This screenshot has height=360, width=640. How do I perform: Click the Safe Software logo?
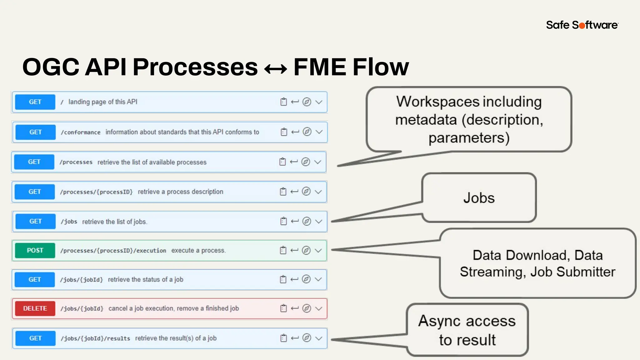tap(582, 25)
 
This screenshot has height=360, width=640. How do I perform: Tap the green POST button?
tap(35, 250)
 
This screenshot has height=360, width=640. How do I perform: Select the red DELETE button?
tap(35, 308)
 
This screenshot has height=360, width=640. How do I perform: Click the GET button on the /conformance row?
tap(35, 132)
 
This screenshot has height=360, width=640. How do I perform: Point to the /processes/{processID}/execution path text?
tap(113, 251)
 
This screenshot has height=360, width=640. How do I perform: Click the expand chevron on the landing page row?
tap(319, 102)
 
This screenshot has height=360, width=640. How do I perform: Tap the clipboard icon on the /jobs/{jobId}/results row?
tap(283, 338)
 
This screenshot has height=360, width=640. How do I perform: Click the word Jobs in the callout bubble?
tap(479, 198)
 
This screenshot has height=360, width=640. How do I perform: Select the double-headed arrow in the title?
tap(275, 68)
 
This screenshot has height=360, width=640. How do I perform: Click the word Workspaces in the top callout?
tap(437, 102)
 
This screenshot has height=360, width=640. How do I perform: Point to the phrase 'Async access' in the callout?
tap(467, 321)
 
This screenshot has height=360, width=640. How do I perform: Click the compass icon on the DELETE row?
tap(307, 308)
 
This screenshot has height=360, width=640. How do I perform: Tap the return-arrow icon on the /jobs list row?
tap(295, 221)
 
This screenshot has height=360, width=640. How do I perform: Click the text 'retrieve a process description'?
tap(180, 192)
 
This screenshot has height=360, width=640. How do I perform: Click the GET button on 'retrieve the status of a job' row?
tap(35, 279)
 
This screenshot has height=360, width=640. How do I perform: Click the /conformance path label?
tap(81, 132)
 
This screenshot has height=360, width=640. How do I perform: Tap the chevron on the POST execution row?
tap(318, 250)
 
